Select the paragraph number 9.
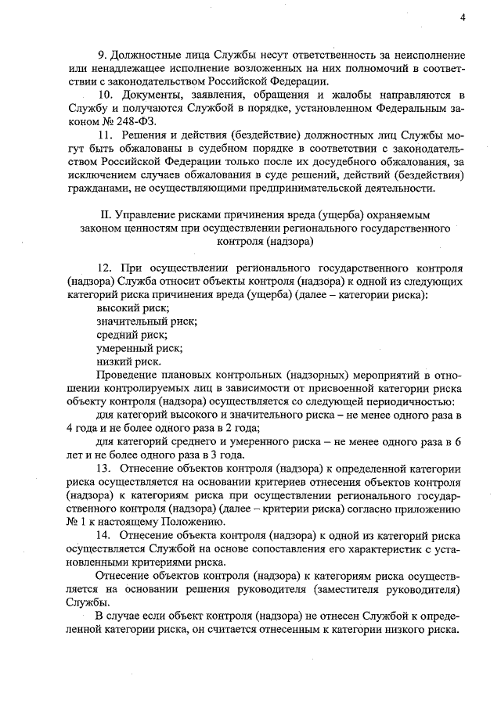coord(101,57)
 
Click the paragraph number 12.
coord(105,268)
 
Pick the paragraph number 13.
coord(105,468)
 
